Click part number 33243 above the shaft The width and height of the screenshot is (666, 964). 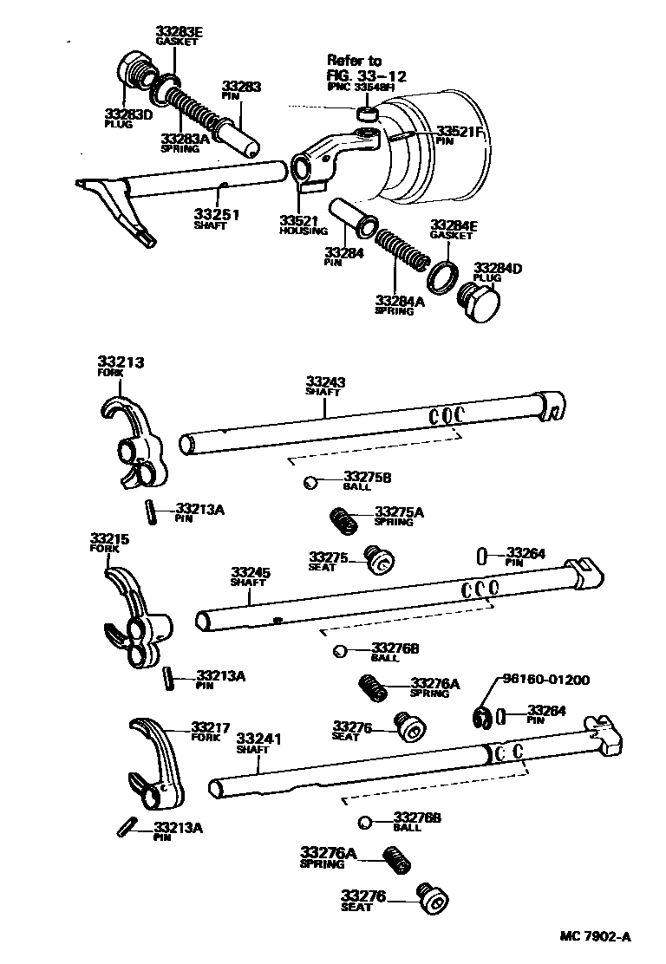point(324,381)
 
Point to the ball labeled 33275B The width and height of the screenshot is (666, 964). point(310,483)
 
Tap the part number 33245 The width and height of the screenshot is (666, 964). point(251,573)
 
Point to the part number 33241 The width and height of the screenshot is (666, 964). point(259,739)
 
